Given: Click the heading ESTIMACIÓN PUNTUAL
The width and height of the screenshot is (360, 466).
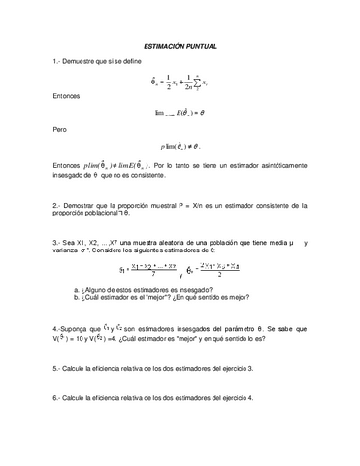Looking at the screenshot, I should click(180, 46).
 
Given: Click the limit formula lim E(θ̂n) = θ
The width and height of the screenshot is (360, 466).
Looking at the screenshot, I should click(180, 113).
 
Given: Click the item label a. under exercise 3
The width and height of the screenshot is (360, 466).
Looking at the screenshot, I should click(77, 290).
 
